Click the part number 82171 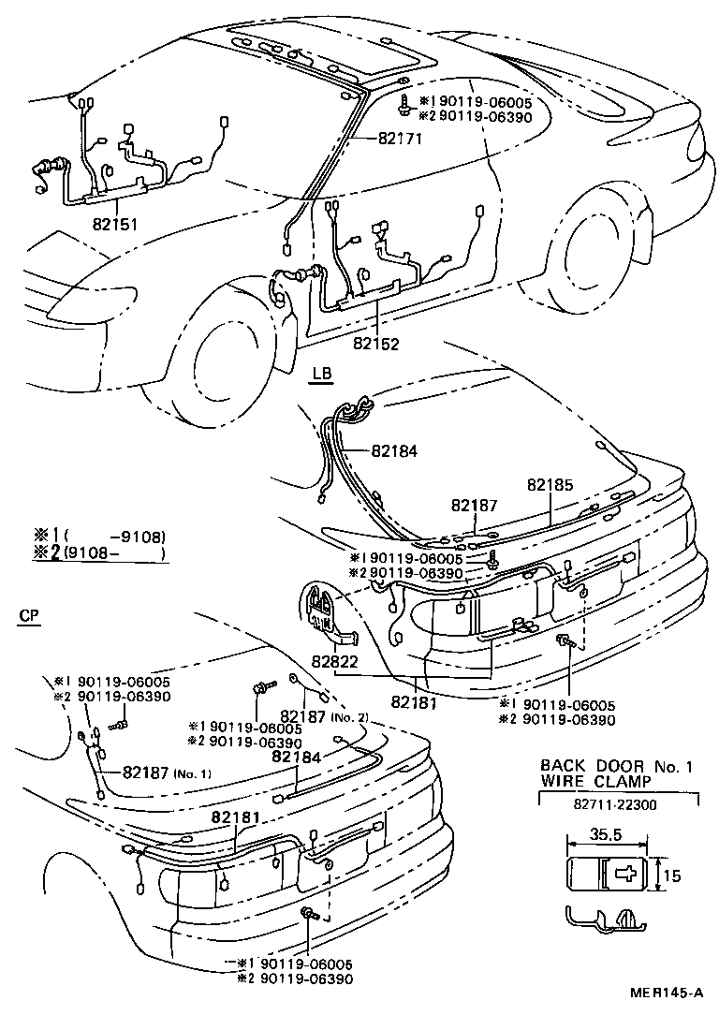[x=401, y=139]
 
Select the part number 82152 [x=376, y=344]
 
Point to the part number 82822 [x=336, y=662]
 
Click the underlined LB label [x=321, y=374]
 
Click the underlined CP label [x=29, y=614]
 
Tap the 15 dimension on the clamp [x=673, y=876]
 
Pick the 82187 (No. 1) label [x=167, y=772]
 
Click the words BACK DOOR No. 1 [x=616, y=766]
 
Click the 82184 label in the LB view [x=393, y=450]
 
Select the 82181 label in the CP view [x=235, y=817]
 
